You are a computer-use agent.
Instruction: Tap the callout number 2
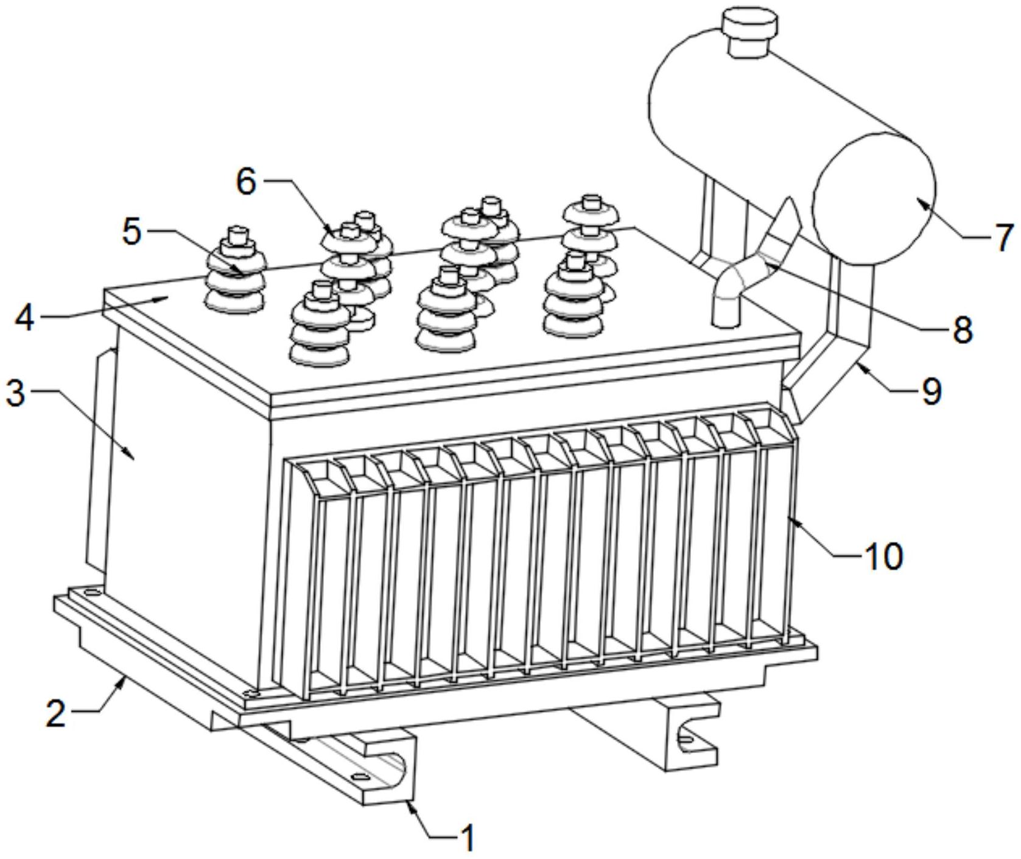(56, 712)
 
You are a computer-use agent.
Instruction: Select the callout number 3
(16, 393)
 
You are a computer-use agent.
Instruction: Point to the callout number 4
(24, 317)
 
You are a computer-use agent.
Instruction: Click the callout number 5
(132, 231)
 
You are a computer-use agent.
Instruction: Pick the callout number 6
(246, 181)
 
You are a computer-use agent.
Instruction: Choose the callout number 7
(1003, 237)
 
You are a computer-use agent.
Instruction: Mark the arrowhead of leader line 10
(789, 517)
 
